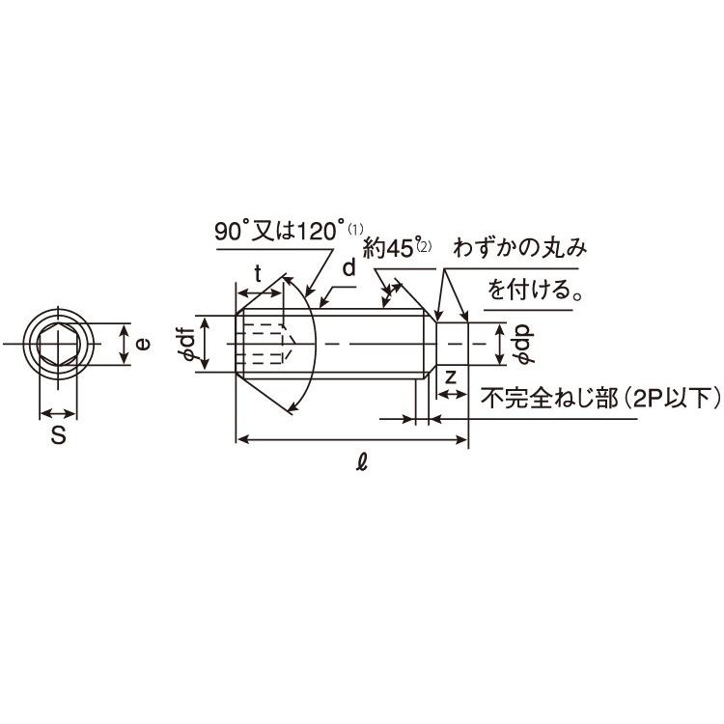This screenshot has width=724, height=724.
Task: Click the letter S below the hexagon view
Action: click(58, 434)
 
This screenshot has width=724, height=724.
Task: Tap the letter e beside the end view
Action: click(144, 344)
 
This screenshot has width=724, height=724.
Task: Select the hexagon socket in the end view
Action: click(58, 344)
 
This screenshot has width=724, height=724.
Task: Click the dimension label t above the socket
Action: click(258, 274)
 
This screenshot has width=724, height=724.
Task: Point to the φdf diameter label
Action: click(188, 343)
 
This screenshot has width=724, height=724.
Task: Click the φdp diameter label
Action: click(525, 344)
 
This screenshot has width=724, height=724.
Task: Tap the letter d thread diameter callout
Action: click(349, 267)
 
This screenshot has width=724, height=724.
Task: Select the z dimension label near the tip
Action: click(451, 377)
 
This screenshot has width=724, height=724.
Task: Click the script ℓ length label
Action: click(362, 461)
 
